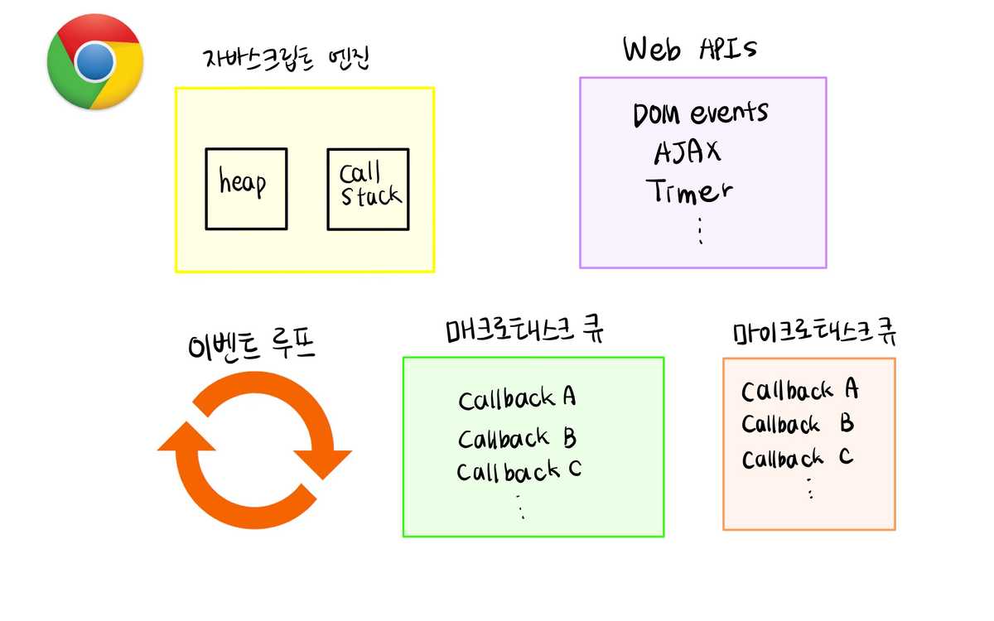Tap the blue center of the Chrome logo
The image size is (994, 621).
95,61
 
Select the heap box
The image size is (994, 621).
246,189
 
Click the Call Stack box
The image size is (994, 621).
368,189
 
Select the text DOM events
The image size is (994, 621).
700,113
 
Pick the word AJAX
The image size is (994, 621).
687,152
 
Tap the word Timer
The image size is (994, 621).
689,191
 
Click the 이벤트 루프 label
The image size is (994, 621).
252,344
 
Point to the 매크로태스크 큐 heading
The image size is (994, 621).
524,330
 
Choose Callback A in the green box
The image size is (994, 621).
517,398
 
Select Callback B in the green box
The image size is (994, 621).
517,436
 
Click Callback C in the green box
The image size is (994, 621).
519,471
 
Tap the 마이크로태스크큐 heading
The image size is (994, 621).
815,332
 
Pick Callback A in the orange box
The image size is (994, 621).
799,390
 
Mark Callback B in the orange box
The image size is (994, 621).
797,425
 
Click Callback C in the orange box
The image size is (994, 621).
797,458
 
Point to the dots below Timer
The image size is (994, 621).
700,231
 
